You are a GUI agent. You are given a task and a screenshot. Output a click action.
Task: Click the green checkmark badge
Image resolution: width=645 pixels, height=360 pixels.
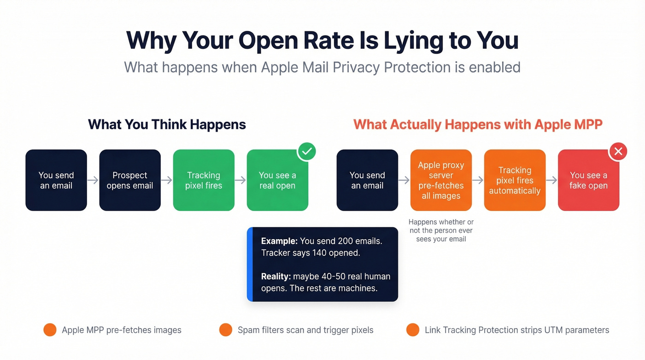click(x=306, y=151)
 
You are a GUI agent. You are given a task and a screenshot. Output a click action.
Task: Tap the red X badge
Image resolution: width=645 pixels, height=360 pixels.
click(x=618, y=151)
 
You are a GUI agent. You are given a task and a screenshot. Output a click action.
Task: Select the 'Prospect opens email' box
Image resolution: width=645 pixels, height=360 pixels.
click(x=130, y=180)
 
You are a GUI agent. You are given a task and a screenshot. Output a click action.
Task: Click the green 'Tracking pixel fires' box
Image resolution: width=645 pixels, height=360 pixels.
click(x=204, y=180)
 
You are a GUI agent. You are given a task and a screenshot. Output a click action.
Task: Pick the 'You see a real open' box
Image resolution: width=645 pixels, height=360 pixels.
click(x=277, y=180)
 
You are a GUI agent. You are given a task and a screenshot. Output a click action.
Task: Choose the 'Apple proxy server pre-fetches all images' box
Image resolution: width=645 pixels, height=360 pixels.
click(x=441, y=180)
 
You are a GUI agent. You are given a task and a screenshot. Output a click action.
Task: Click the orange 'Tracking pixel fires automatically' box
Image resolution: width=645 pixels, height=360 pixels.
click(x=515, y=180)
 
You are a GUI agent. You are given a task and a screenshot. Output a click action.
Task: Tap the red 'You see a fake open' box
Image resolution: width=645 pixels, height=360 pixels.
click(x=588, y=180)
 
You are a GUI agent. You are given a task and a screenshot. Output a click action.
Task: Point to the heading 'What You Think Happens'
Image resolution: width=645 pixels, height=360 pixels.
click(x=167, y=124)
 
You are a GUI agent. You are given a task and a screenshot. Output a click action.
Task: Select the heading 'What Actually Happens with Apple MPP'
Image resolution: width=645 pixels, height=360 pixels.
click(x=478, y=124)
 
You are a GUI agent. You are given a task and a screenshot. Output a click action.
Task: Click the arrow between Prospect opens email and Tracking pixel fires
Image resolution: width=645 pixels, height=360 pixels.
click(x=167, y=180)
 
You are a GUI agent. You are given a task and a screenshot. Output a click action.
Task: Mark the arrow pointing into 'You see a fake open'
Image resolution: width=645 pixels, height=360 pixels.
click(x=551, y=180)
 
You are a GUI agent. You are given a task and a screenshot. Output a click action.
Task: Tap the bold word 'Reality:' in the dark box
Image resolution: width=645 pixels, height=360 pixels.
click(x=276, y=277)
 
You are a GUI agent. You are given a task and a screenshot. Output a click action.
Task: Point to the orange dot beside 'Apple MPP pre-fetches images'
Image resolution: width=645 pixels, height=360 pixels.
click(x=50, y=330)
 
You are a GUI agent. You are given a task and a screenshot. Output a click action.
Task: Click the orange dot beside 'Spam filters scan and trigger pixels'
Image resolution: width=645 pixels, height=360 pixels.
click(x=226, y=330)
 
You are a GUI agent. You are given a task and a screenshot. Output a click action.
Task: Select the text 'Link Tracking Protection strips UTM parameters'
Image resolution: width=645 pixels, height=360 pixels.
click(x=516, y=330)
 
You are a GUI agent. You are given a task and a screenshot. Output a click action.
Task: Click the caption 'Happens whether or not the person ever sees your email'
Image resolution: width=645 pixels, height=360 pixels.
click(x=441, y=230)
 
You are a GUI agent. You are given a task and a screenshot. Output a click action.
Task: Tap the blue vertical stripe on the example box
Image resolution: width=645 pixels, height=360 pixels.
click(x=250, y=264)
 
